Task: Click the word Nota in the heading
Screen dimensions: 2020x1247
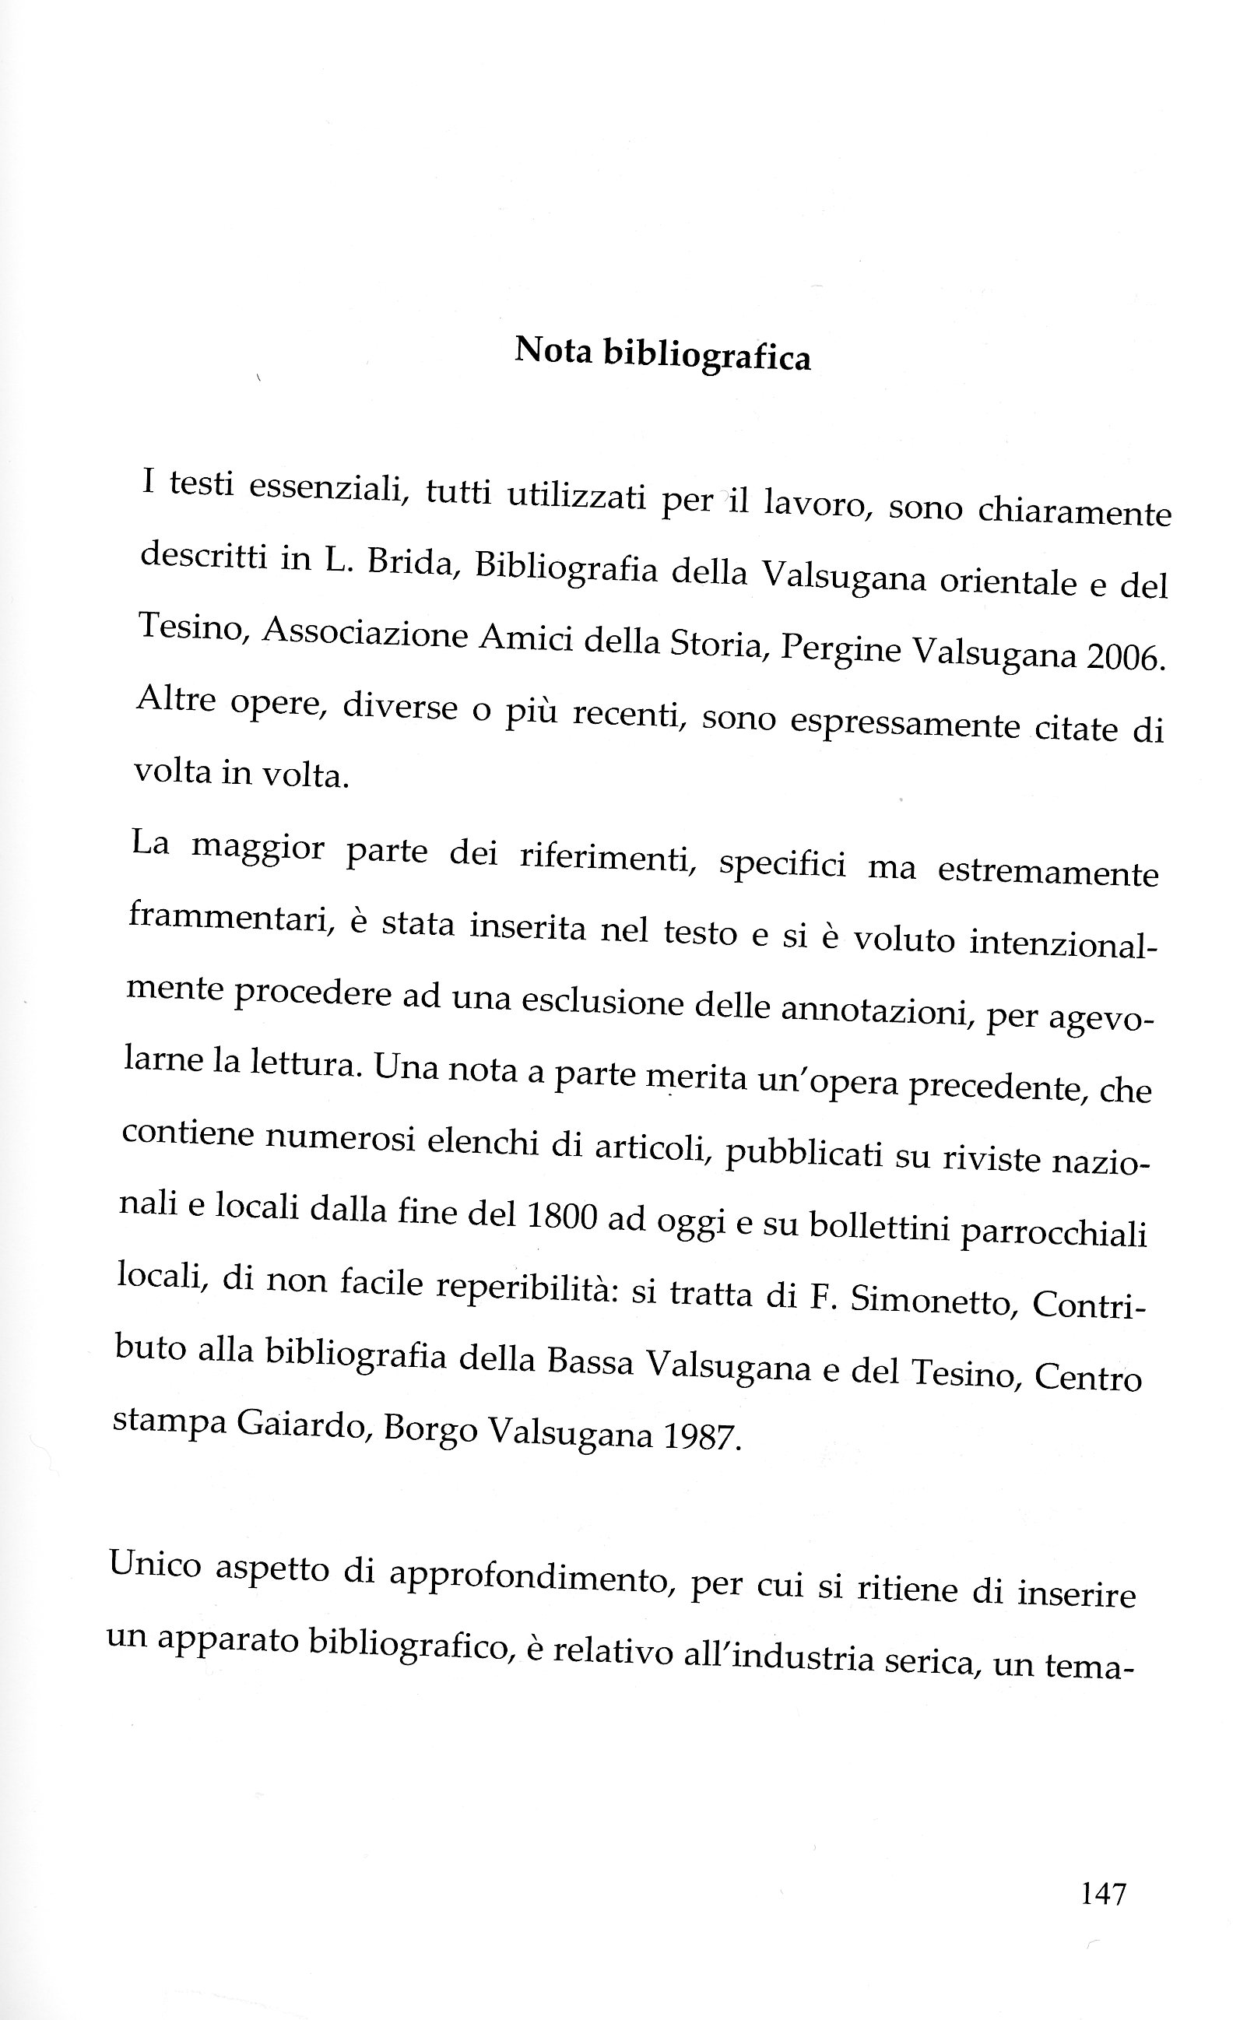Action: [x=554, y=351]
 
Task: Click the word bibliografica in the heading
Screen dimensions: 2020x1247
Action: [x=707, y=357]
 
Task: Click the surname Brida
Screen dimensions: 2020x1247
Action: [x=412, y=563]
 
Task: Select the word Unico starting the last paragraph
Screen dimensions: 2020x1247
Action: [x=155, y=1565]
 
